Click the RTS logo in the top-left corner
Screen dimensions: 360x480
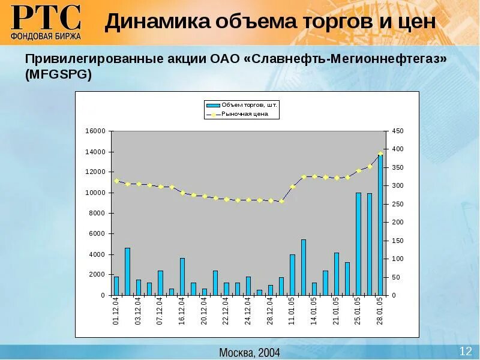point(46,22)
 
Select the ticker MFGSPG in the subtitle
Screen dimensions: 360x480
point(58,74)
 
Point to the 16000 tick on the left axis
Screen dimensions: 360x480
point(95,131)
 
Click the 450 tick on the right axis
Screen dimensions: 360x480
point(397,131)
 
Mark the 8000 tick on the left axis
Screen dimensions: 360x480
point(97,213)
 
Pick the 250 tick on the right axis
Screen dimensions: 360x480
point(397,204)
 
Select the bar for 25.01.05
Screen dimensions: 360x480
point(358,244)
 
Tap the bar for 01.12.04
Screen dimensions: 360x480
point(116,286)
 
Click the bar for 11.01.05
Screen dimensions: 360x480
point(292,275)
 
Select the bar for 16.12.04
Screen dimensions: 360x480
point(182,277)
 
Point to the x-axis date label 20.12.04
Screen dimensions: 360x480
point(204,311)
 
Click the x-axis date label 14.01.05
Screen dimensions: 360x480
point(314,311)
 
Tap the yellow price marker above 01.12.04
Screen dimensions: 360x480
point(116,181)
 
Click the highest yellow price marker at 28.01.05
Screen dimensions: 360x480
point(380,153)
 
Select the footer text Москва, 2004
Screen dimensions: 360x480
point(249,352)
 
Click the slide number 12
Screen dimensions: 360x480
point(466,351)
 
